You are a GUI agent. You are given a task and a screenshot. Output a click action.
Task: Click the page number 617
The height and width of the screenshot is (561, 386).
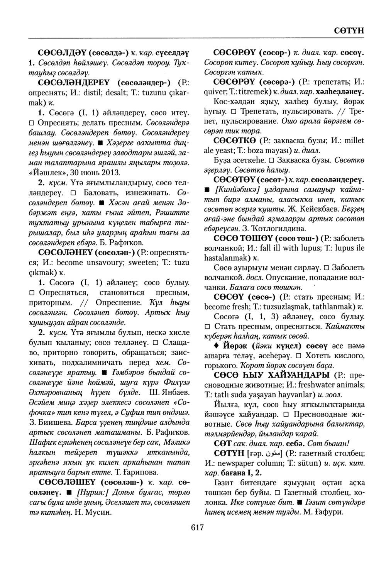click(x=197, y=528)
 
